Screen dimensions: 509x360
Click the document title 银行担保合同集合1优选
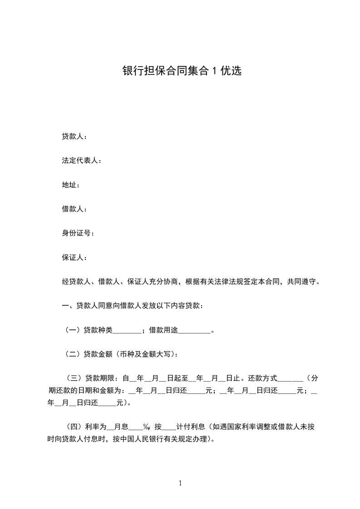(182, 71)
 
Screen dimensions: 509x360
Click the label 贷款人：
(74, 136)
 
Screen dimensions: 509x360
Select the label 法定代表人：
(82, 161)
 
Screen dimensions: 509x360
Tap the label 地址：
(71, 185)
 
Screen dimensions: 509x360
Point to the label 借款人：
(74, 209)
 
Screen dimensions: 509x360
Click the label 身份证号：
(78, 233)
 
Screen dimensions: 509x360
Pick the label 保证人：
(74, 258)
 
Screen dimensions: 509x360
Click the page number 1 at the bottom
(180, 483)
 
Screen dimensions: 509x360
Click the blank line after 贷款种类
(127, 331)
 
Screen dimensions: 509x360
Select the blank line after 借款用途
(194, 331)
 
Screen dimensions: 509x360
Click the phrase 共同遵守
(301, 282)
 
